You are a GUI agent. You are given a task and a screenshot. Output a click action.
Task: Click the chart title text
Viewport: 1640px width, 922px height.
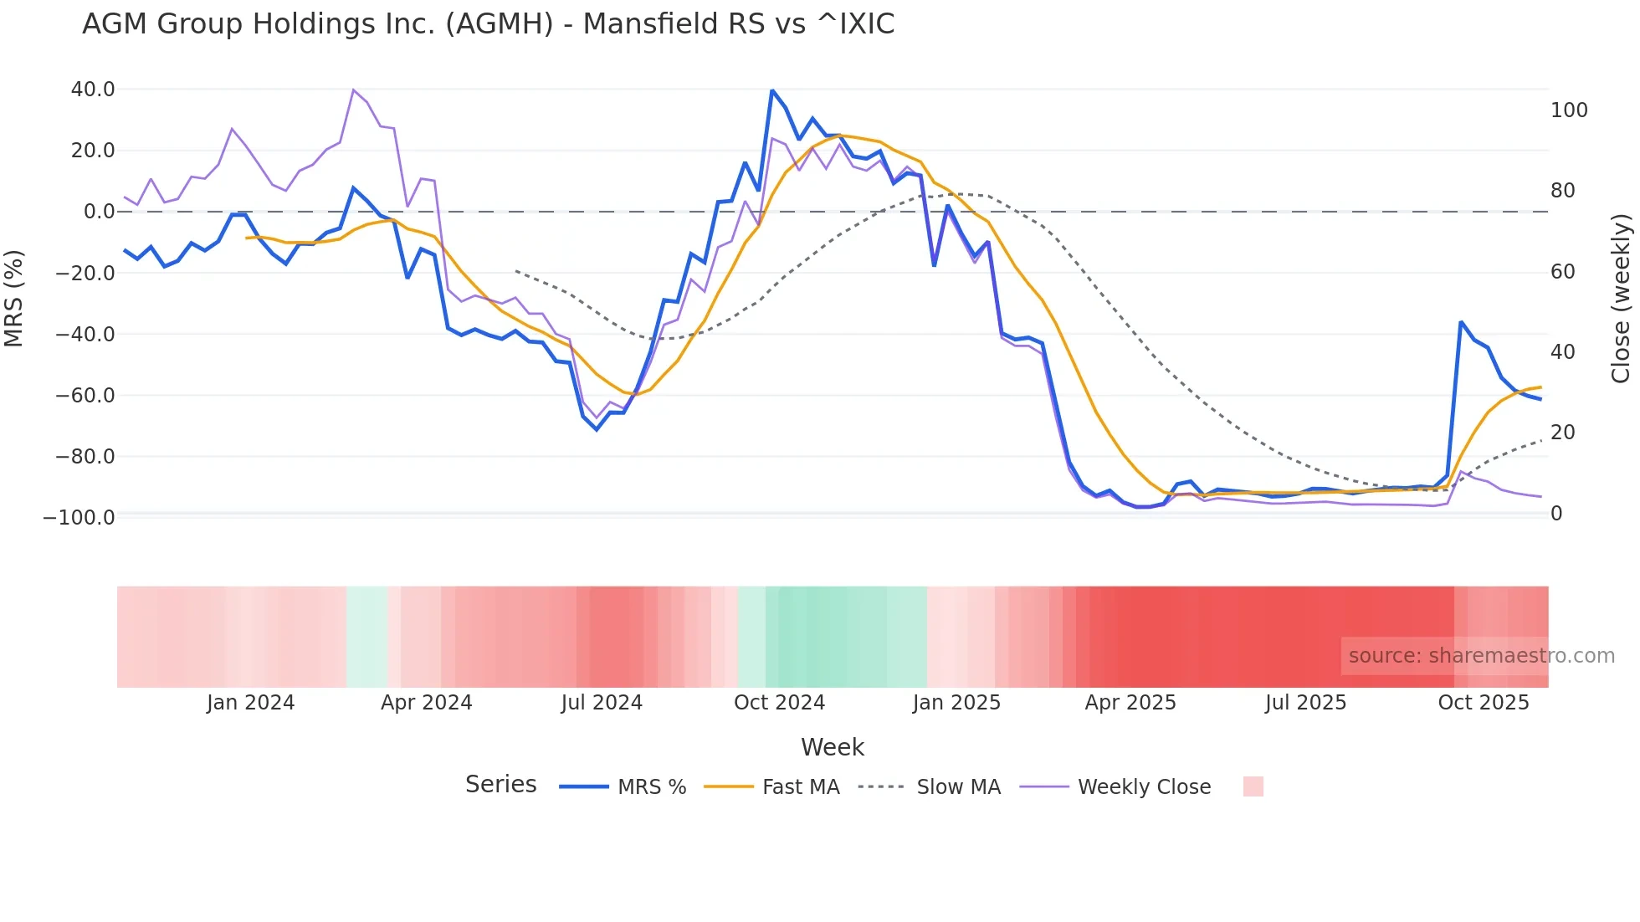488,24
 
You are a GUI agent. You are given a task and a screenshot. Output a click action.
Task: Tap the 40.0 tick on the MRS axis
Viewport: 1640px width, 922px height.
92,90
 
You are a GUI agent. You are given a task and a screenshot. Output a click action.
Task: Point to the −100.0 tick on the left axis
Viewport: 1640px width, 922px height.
79,518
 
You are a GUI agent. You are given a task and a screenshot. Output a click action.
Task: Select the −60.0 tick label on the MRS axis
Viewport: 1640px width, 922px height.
85,396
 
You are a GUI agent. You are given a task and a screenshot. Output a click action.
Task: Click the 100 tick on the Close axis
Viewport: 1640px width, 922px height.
1569,110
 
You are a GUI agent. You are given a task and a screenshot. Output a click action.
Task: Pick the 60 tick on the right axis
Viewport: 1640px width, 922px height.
1562,272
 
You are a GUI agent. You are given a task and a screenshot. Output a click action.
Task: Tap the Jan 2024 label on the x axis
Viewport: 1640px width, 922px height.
250,703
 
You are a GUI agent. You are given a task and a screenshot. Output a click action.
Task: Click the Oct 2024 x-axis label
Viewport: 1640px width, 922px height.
779,703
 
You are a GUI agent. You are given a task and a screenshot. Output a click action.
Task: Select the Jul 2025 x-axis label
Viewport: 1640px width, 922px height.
1305,703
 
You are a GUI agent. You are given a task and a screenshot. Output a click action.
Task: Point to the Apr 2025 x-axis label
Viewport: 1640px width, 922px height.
1130,703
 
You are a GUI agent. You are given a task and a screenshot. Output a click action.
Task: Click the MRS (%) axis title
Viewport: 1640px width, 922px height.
13,299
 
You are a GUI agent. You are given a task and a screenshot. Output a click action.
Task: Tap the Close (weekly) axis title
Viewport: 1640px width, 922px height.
1621,299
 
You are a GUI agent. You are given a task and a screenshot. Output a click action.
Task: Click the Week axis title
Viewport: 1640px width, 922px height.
832,747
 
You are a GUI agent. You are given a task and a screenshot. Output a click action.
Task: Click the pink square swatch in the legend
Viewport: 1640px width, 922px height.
1253,786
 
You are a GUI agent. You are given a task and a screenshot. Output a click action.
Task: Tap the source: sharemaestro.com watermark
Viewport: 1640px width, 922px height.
1481,656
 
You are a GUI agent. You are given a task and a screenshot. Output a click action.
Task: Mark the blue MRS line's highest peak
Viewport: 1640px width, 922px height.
772,90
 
